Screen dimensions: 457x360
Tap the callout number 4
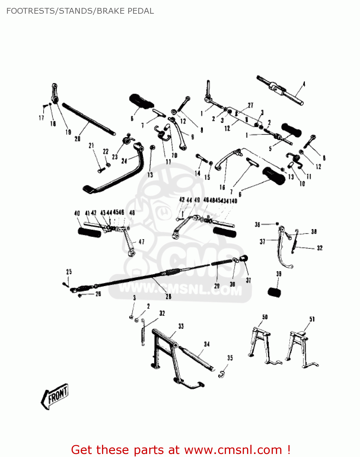(x=304, y=84)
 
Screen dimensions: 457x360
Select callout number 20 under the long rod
(x=78, y=139)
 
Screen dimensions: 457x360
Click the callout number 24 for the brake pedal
(x=124, y=161)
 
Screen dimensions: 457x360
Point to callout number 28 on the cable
(x=168, y=296)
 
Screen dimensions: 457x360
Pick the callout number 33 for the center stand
(x=181, y=326)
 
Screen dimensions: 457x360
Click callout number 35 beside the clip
(x=230, y=358)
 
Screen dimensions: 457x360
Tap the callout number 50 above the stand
(x=265, y=317)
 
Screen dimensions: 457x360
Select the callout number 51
(x=312, y=319)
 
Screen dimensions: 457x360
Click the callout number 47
(x=142, y=242)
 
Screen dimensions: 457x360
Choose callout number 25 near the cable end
(x=69, y=272)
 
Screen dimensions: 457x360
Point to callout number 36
(x=257, y=225)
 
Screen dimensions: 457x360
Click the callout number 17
(x=41, y=118)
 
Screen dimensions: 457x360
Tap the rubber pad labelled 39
(x=274, y=292)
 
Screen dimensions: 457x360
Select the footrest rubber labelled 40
(x=90, y=233)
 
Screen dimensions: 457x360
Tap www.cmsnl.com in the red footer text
(x=233, y=450)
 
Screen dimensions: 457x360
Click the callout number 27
(x=250, y=105)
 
